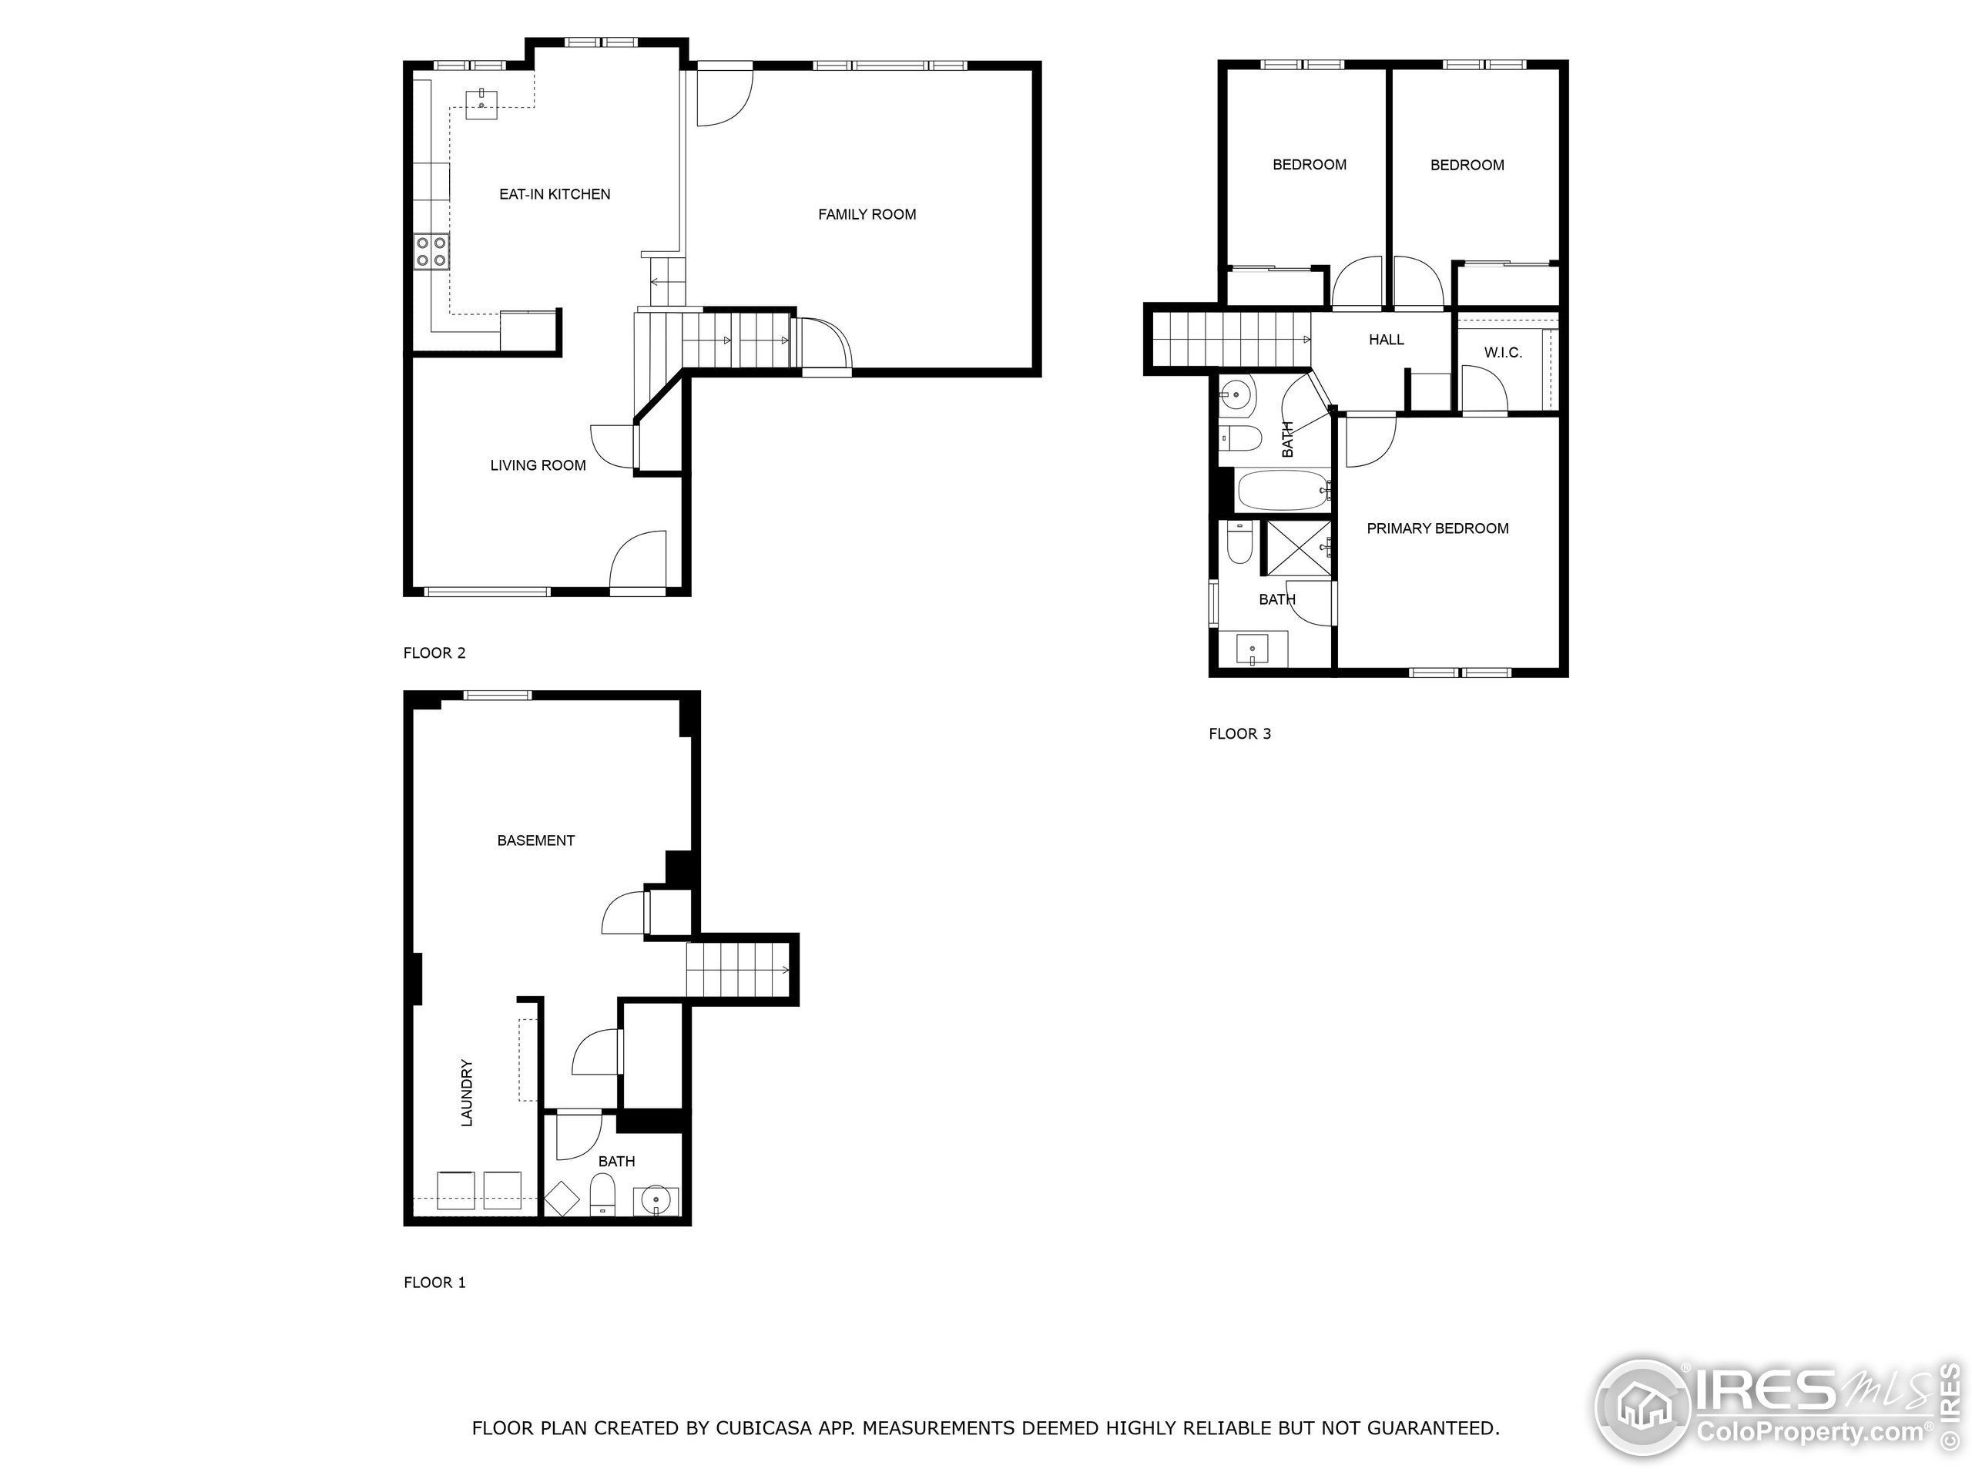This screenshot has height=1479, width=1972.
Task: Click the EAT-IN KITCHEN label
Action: click(555, 194)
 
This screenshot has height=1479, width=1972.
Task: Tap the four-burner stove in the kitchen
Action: click(431, 251)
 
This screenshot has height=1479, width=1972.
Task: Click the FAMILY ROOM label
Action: click(867, 214)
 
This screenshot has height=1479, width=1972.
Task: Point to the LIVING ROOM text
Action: click(538, 465)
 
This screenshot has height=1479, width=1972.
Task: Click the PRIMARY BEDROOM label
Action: click(1437, 528)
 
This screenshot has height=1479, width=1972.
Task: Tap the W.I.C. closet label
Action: click(1502, 353)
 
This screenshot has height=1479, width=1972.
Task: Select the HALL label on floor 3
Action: click(1387, 340)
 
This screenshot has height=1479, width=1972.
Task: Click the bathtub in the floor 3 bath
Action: click(1282, 491)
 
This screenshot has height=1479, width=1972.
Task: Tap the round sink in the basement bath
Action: click(656, 1201)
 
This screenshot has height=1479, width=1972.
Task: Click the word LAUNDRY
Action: click(466, 1093)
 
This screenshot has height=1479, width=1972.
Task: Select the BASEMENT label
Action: click(536, 840)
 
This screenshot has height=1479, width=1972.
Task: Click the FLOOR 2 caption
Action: click(434, 653)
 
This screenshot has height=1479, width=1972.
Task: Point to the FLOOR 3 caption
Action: click(1239, 733)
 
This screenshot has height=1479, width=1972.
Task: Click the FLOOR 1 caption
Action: click(434, 1283)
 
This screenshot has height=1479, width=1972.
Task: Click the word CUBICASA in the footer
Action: click(763, 1428)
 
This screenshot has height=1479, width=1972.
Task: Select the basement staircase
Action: click(738, 970)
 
